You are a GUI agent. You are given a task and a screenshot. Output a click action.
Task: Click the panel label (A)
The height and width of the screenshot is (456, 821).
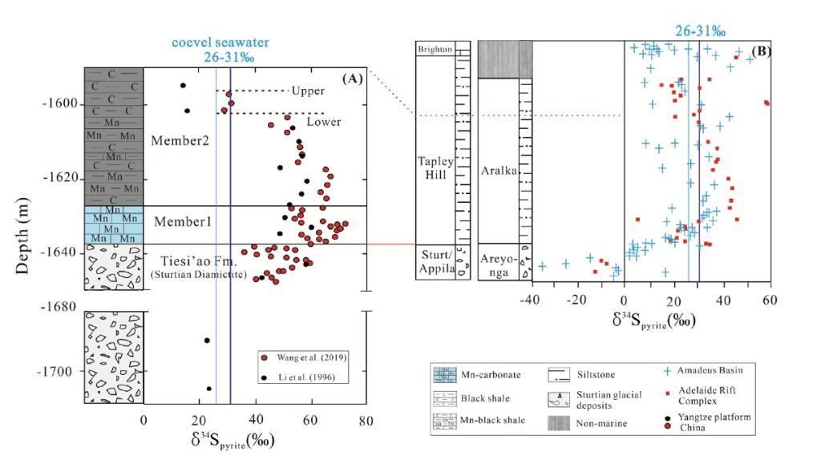(353, 79)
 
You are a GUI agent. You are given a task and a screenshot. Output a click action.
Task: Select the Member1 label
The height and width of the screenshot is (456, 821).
(182, 221)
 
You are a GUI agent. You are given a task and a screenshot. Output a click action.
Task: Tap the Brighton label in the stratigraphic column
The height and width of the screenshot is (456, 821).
(435, 49)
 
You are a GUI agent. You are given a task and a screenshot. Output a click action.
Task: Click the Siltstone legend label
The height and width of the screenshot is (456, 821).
(597, 373)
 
